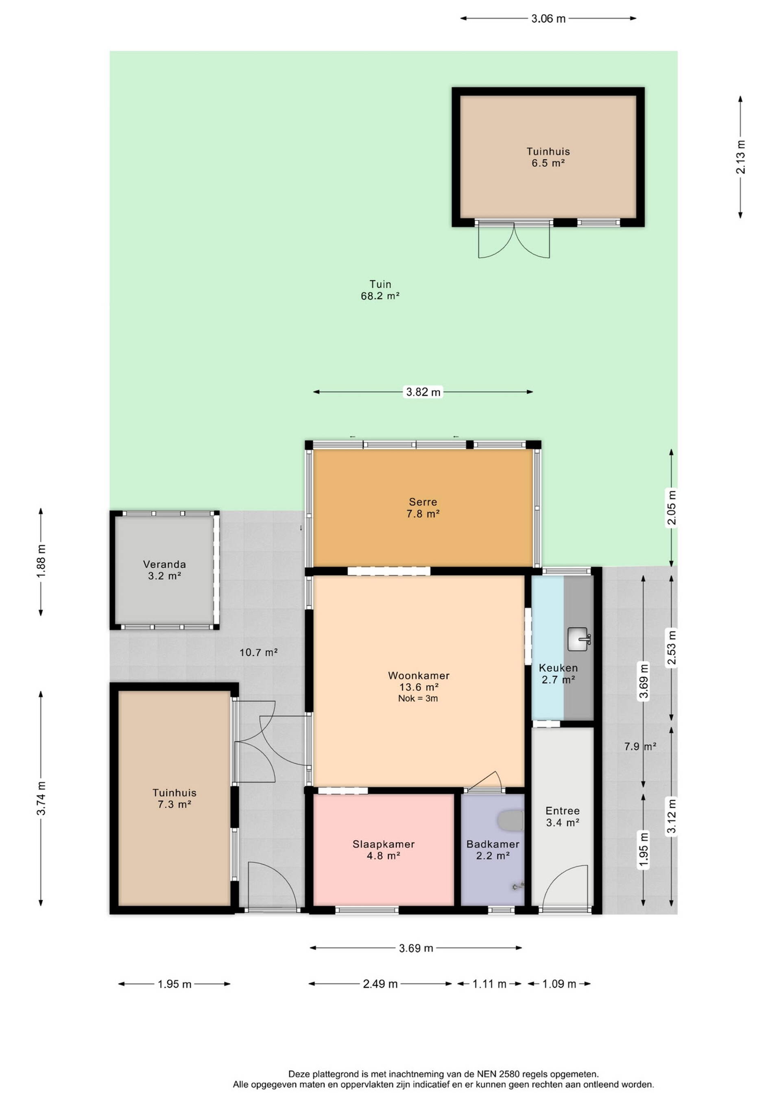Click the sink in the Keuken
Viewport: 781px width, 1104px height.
[x=578, y=639]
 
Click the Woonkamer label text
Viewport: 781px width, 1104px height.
[x=419, y=676]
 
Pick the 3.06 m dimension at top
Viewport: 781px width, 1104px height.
[x=548, y=19]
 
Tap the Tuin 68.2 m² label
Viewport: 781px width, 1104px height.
[x=380, y=290]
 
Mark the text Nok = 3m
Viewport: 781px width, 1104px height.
[x=418, y=699]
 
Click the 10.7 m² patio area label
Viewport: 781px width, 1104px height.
[x=259, y=652]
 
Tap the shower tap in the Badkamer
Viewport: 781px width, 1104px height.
[x=518, y=886]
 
